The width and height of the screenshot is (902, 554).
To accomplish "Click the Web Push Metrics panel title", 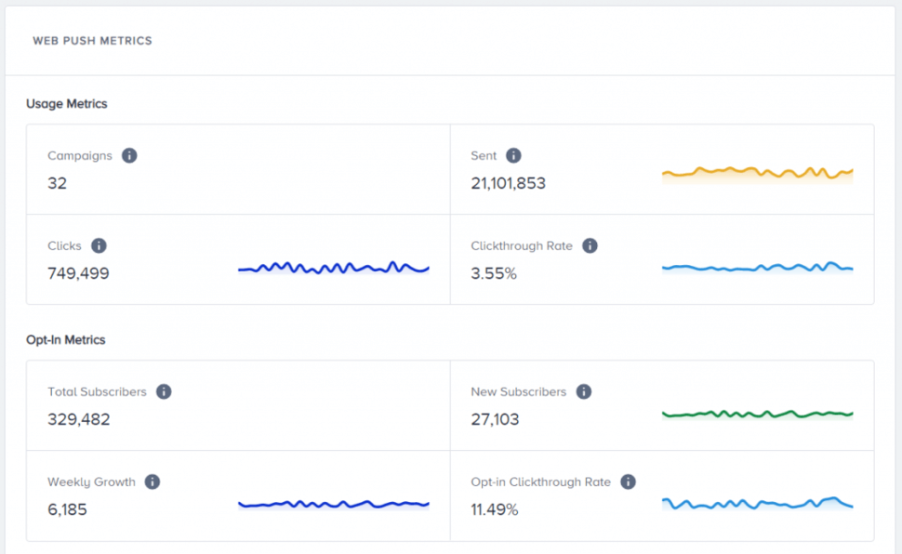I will (x=92, y=41).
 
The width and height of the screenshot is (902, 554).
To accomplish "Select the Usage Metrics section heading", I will (x=67, y=104).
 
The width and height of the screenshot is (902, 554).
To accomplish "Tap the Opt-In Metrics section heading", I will (x=66, y=340).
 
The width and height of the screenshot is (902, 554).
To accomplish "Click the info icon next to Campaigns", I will (x=129, y=155).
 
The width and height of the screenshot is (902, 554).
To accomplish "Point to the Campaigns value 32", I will (x=58, y=183).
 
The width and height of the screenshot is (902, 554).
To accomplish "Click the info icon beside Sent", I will (x=513, y=155).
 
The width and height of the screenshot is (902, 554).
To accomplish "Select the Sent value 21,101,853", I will (x=508, y=183).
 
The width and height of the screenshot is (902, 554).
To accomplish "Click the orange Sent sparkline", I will (x=757, y=172).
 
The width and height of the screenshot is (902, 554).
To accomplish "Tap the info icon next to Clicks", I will (x=99, y=245).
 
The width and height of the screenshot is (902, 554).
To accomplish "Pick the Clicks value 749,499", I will (x=78, y=273).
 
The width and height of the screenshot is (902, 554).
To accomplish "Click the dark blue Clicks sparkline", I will (x=333, y=268).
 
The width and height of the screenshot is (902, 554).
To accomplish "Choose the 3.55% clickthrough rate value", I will (x=494, y=273).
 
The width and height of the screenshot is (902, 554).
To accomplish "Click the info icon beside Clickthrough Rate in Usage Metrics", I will (x=590, y=245).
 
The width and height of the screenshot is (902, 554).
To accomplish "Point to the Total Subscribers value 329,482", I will (x=79, y=419).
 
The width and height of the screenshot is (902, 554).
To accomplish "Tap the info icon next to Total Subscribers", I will (x=164, y=391).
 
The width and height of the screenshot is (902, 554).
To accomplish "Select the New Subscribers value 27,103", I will (x=495, y=419).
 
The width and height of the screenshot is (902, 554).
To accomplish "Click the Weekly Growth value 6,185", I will (x=67, y=509).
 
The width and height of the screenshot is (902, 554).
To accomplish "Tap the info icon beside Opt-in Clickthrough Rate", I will (x=628, y=481).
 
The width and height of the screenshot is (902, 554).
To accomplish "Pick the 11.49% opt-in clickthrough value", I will (x=495, y=509).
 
